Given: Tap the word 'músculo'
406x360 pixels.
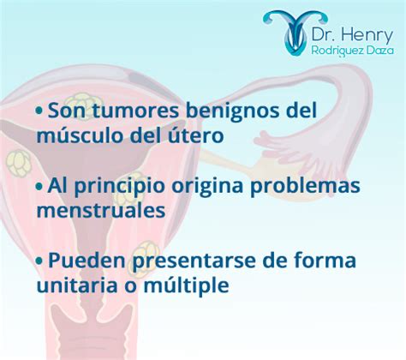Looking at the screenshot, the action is point(81,135).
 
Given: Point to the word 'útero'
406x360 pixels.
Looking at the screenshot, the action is point(194,135).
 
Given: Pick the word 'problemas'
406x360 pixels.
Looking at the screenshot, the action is point(305,186).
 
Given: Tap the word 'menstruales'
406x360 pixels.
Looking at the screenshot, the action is point(101,211).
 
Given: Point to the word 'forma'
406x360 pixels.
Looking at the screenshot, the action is point(325,261).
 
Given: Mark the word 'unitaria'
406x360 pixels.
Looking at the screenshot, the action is point(77,285).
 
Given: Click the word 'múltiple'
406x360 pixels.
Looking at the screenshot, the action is point(186,285).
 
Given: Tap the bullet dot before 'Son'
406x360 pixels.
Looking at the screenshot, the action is point(39,111).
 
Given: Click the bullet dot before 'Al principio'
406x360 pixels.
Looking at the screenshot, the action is point(39,186).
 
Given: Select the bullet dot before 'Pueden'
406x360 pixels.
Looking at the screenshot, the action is point(39,261).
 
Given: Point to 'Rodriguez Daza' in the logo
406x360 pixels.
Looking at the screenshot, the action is point(353,51).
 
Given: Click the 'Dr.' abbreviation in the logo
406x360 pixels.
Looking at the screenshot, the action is point(324,34).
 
